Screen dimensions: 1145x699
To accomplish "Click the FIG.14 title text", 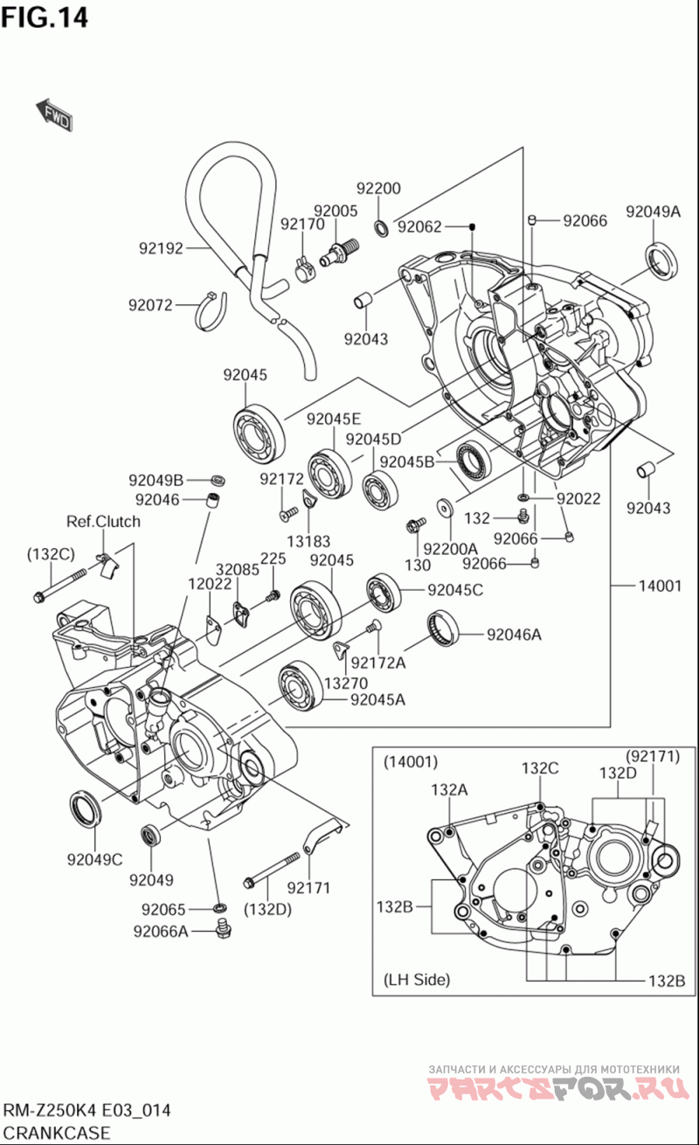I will (45, 17).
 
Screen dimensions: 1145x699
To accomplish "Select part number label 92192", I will (161, 248).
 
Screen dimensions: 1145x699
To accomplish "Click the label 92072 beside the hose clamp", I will (151, 305).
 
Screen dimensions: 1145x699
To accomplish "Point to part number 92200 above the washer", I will (378, 189).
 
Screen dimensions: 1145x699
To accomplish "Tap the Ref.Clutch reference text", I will (103, 522).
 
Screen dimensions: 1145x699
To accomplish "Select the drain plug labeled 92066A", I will (225, 928).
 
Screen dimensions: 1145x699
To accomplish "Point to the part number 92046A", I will (514, 635).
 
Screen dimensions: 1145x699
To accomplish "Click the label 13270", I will (346, 683).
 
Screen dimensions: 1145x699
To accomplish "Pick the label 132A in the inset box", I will (449, 789).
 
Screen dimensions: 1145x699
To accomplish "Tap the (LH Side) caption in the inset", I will (417, 980).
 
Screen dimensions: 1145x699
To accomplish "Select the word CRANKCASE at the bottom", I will (58, 1134).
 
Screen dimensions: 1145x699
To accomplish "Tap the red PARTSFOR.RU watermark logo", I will (552, 1089).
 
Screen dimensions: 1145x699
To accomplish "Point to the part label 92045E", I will (333, 419).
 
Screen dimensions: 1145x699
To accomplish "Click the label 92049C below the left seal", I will (94, 859).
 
